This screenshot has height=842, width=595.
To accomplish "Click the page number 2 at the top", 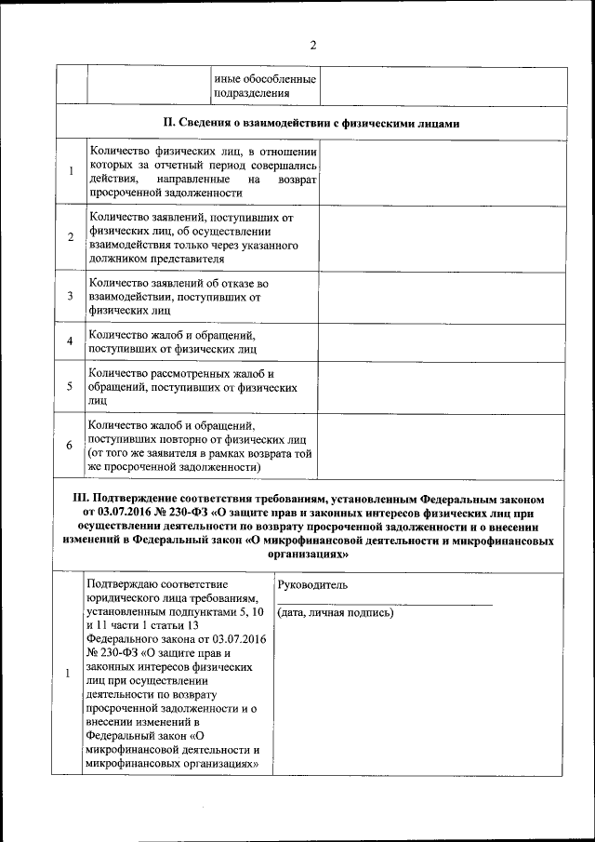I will [x=312, y=46].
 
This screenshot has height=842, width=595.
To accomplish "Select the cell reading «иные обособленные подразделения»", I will [x=265, y=86].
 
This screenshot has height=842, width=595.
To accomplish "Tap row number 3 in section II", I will [x=71, y=296].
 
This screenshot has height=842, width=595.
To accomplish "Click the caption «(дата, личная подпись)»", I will [x=336, y=613].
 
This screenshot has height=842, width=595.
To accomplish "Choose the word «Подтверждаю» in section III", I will [x=125, y=584].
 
